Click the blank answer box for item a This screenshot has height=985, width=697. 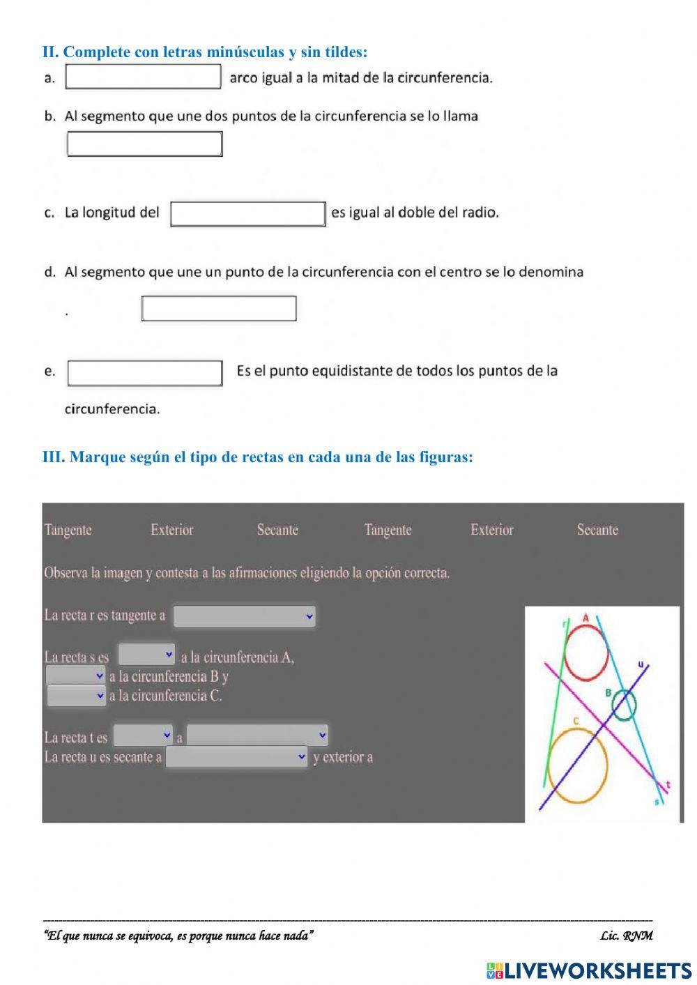coord(143,77)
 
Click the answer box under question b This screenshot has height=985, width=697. coord(144,144)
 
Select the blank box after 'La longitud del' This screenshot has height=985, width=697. coord(247,214)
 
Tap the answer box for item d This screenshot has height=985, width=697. coord(219,308)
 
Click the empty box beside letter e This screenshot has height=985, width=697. coord(145,373)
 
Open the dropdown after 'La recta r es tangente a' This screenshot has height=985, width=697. coord(244,616)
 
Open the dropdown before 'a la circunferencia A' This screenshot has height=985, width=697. coord(146,655)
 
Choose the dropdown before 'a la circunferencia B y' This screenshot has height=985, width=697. coord(75,675)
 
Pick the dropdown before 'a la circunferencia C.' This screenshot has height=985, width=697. coord(76,695)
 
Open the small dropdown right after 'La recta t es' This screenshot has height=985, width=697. coord(143,735)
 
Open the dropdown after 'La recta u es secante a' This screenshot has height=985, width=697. coord(236,757)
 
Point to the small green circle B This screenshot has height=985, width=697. coord(624,705)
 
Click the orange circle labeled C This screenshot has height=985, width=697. coord(577,765)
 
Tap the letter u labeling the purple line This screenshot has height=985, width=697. coord(641,664)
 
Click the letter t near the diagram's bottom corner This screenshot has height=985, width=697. coord(668,785)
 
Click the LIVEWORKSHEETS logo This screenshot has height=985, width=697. coord(589,970)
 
